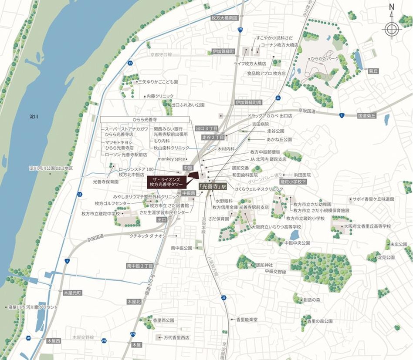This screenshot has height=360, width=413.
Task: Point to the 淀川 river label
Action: tap(34, 117)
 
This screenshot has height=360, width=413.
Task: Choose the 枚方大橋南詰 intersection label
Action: tap(224, 18)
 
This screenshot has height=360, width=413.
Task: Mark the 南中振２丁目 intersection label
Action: tap(140, 266)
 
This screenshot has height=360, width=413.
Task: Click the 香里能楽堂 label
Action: tap(247, 320)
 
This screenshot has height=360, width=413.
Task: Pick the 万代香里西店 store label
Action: tap(176, 337)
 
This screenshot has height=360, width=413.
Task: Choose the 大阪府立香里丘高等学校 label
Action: tap(367, 226)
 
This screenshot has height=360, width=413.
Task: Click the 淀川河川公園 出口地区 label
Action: tap(51, 168)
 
